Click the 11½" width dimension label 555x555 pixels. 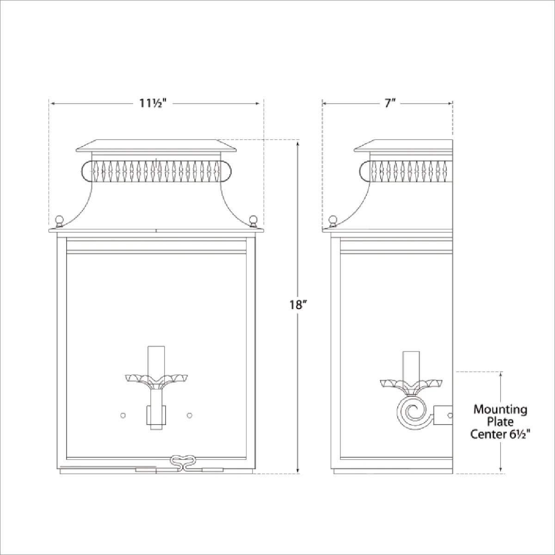pos(153,103)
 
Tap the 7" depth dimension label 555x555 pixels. pos(390,103)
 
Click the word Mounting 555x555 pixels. pos(500,409)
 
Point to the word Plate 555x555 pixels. pos(500,422)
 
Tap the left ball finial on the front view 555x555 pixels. pos(59,221)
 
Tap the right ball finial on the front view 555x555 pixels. pos(253,221)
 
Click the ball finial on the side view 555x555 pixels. pos(333,221)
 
